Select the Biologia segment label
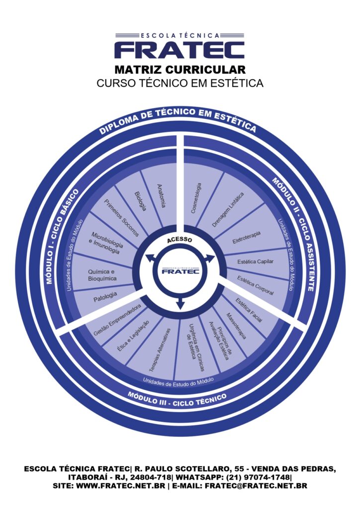click(x=140, y=201)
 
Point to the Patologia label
click(x=105, y=297)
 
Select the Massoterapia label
click(x=236, y=326)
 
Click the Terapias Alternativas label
click(x=160, y=350)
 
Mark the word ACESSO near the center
click(x=180, y=241)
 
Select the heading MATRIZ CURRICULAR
click(x=180, y=69)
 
